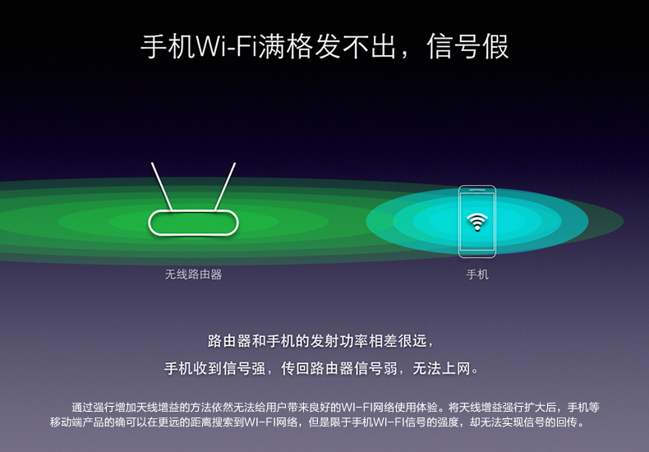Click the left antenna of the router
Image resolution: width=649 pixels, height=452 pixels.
coord(162,187)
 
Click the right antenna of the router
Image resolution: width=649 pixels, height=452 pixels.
coord(225,187)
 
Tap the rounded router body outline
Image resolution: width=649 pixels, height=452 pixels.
coord(193,211)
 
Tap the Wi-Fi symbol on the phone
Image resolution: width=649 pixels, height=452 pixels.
coord(476,221)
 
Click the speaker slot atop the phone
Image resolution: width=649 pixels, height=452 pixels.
coord(477,191)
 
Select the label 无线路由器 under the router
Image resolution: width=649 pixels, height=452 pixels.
coord(193,274)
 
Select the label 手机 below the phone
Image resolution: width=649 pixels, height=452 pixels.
coord(477,274)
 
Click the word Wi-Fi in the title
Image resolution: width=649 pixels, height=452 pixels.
coord(226,46)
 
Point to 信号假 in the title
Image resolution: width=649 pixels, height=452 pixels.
coord(467,46)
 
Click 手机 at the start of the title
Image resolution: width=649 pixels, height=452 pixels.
coord(168,46)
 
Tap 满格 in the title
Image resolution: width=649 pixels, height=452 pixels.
coord(285,46)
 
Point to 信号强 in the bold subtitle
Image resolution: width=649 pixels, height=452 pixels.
coord(244,368)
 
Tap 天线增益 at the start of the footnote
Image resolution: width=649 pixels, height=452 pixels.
coord(158,408)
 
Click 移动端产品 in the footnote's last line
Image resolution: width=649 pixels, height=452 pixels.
coord(76,422)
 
